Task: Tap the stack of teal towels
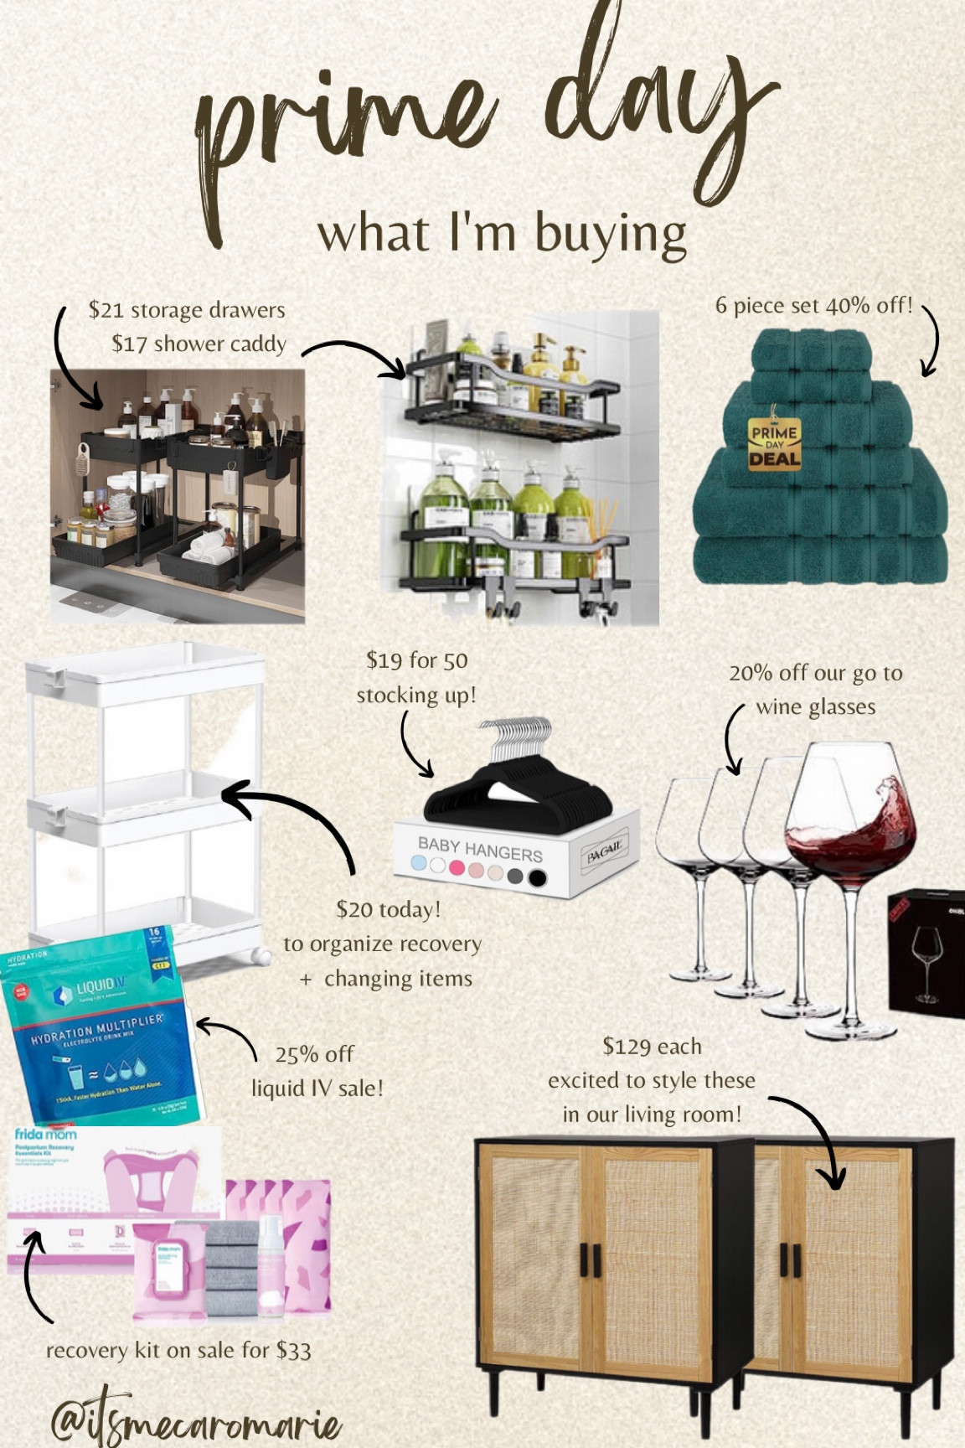click(x=821, y=503)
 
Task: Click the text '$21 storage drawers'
click(x=187, y=310)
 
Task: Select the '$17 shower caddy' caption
click(x=199, y=344)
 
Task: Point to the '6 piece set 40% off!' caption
click(x=813, y=305)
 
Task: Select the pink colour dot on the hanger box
click(x=457, y=867)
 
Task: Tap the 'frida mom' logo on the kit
click(x=45, y=1135)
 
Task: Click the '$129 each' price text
click(x=652, y=1047)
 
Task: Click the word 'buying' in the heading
click(x=611, y=234)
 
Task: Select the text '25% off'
click(x=314, y=1054)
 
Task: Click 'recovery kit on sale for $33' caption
click(x=178, y=1350)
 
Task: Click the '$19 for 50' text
click(x=416, y=660)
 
